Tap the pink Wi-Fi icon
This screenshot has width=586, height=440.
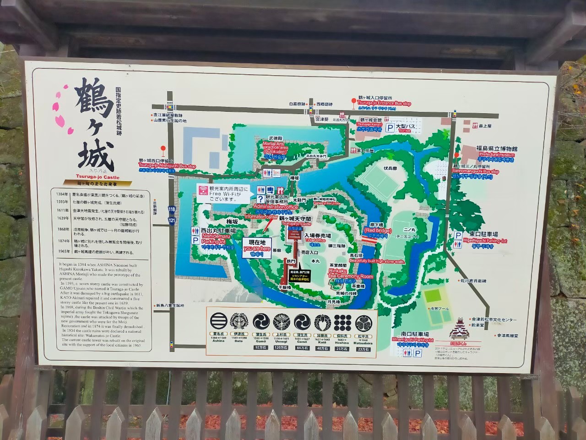tap(203, 191)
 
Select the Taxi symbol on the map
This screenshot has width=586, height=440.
tap(276, 173)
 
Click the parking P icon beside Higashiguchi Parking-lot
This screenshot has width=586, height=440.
tap(458, 235)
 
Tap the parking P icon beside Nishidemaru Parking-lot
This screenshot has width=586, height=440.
tap(195, 239)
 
